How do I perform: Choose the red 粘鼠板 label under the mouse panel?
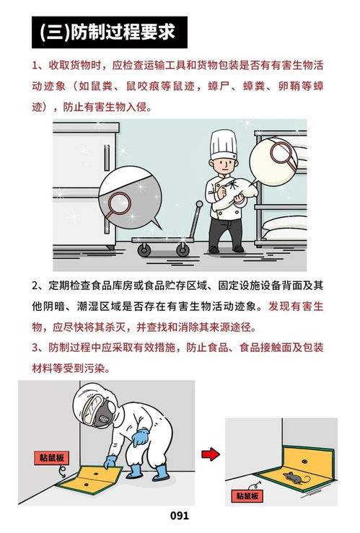tap(247, 496)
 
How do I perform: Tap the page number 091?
tap(180, 516)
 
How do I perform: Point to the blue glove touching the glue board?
tap(110, 462)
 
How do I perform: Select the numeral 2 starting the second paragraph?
tap(36, 285)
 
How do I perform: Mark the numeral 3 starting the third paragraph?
tap(36, 348)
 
